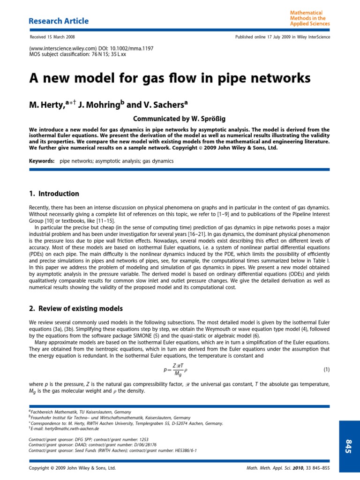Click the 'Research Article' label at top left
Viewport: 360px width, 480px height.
(59, 21)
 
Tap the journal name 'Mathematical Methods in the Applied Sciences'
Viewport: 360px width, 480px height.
(310, 18)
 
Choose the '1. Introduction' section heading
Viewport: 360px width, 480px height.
(54, 194)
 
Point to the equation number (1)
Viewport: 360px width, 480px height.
(327, 370)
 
